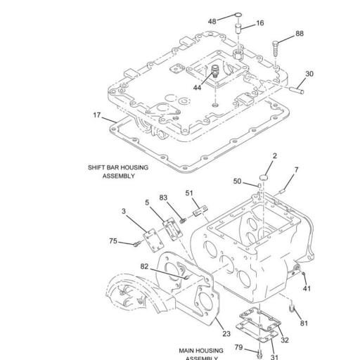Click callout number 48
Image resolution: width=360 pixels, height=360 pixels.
tap(212, 21)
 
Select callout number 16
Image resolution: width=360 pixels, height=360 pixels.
tap(260, 23)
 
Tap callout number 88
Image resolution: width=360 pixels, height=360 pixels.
tap(300, 34)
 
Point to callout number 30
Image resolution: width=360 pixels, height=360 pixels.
tap(309, 74)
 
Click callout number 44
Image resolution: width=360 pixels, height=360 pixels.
tap(197, 87)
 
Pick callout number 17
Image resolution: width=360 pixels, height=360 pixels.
tap(96, 114)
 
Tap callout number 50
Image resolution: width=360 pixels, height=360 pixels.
tap(237, 181)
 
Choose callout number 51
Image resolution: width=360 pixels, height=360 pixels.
tap(189, 193)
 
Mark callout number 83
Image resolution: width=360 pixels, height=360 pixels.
tap(163, 198)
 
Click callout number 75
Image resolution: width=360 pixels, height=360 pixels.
tap(113, 241)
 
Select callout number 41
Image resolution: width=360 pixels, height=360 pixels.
tap(306, 288)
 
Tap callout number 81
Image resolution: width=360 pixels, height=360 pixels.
tap(304, 323)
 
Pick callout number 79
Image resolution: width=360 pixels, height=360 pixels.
tap(238, 347)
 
